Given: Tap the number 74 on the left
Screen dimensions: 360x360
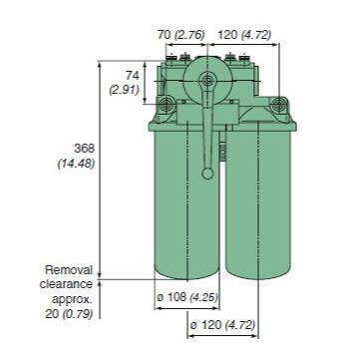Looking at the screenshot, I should click(130, 75).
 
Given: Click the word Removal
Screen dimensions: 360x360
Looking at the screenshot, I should click(70, 269).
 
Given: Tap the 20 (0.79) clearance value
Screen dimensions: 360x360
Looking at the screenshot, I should click(69, 311).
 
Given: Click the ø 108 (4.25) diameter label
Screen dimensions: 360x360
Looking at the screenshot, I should click(187, 297).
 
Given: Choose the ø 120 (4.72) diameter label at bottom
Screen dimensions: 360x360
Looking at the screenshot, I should click(221, 325).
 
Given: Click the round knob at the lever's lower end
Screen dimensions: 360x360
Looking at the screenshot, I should click(207, 174).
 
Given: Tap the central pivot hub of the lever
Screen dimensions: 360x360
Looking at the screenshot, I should click(207, 84).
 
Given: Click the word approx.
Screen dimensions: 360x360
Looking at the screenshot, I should click(70, 297).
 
